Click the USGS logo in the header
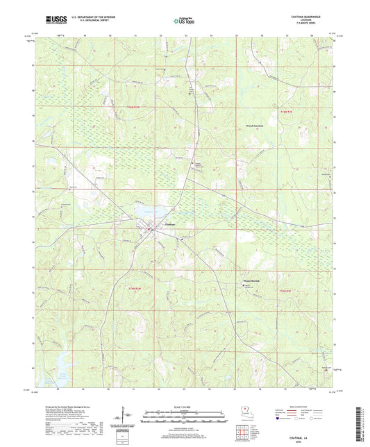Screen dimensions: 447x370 pyautogui.click(x=52, y=20)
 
